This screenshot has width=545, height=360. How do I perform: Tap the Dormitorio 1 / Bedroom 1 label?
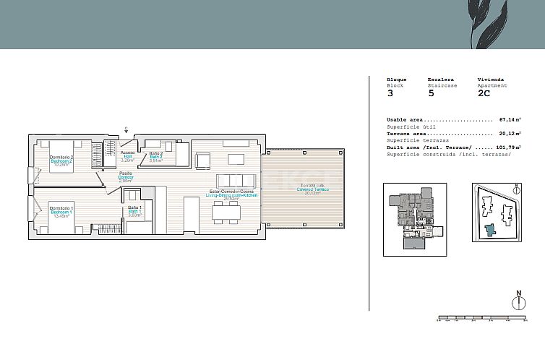61,211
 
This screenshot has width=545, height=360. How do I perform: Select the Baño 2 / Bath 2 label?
156,156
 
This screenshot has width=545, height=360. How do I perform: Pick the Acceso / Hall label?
127,155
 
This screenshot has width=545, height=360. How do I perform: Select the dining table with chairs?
226,212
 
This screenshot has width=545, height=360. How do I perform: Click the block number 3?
390,93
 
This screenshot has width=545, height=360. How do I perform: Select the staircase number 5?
431,93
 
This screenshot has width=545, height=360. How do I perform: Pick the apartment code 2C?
484,93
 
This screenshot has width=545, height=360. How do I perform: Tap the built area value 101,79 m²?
509,147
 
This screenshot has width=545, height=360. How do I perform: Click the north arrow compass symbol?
518,301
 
